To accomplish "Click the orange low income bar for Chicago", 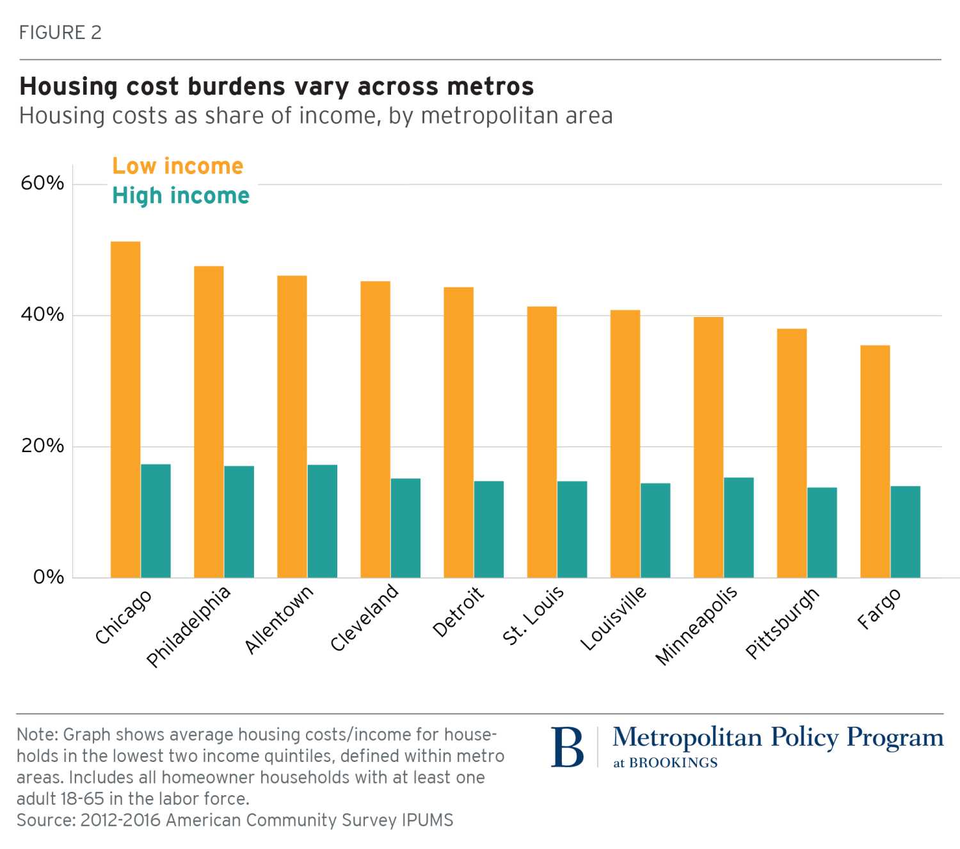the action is click(125, 410).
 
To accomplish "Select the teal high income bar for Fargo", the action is click(905, 532).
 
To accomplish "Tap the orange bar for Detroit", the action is click(459, 432).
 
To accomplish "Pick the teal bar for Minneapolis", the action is click(739, 528).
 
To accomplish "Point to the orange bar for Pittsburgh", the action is click(792, 453).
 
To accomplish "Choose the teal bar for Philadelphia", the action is click(239, 522).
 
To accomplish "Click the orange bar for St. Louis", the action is click(542, 442).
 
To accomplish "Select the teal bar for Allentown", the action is click(322, 521).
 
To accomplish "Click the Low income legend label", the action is click(178, 166).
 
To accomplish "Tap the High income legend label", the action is click(181, 196).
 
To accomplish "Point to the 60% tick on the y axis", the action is click(42, 183).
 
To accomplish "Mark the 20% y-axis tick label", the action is click(42, 446).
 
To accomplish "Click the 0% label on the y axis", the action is click(49, 577).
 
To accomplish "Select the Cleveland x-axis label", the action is click(364, 618).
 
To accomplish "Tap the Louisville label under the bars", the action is click(613, 618).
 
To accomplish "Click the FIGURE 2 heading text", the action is click(60, 33).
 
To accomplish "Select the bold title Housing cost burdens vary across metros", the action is click(276, 86).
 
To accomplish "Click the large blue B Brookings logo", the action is click(567, 748).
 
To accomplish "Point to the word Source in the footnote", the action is click(44, 820).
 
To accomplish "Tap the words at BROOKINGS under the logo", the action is click(665, 763).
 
